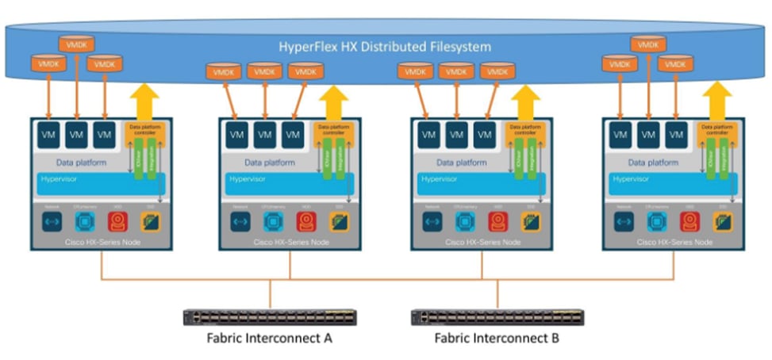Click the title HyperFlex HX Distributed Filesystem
[x=384, y=46]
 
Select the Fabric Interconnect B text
[x=497, y=339]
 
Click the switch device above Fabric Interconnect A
[x=269, y=317]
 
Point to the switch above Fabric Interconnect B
[x=497, y=317]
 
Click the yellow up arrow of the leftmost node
[x=144, y=101]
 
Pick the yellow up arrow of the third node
[x=524, y=101]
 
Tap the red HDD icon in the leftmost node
[x=117, y=221]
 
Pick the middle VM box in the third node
[x=456, y=135]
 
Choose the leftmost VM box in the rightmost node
[x=620, y=135]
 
